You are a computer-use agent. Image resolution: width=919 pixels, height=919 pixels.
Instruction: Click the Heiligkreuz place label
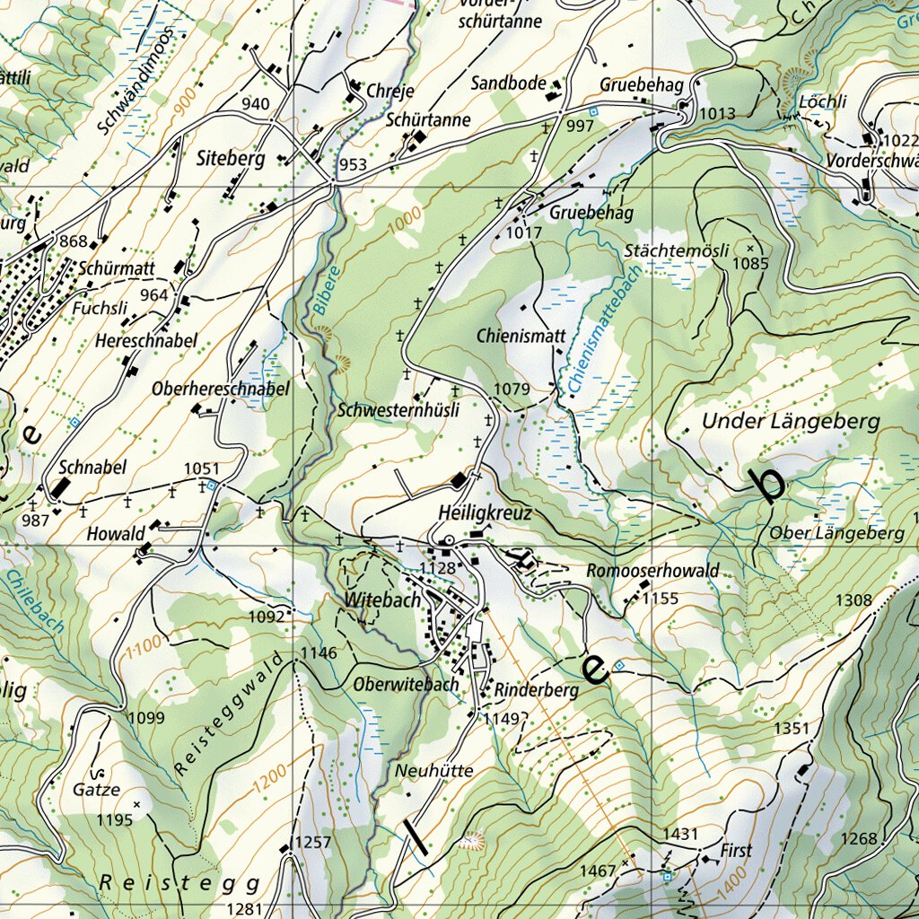pyautogui.click(x=486, y=513)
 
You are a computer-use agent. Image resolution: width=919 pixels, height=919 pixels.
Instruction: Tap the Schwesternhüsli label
pyautogui.click(x=399, y=410)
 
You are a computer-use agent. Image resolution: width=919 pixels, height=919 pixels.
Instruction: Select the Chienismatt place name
pyautogui.click(x=521, y=336)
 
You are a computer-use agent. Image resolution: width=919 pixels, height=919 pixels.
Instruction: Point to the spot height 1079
pyautogui.click(x=512, y=389)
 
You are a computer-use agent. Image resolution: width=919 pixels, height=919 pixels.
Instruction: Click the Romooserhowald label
pyautogui.click(x=652, y=571)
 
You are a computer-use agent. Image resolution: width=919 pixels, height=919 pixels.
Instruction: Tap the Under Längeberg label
pyautogui.click(x=791, y=421)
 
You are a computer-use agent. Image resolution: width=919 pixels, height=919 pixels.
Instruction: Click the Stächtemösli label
pyautogui.click(x=677, y=251)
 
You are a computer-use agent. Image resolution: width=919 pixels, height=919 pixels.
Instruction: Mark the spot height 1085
pyautogui.click(x=751, y=264)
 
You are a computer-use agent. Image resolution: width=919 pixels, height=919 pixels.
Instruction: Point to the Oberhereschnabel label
pyautogui.click(x=221, y=389)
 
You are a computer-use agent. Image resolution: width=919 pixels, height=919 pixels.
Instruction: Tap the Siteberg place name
pyautogui.click(x=231, y=160)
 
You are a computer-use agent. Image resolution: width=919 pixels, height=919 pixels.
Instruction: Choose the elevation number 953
pyautogui.click(x=353, y=164)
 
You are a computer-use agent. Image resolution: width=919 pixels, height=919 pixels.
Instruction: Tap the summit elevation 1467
pyautogui.click(x=598, y=871)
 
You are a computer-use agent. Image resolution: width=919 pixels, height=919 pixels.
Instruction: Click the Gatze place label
pyautogui.click(x=96, y=791)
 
